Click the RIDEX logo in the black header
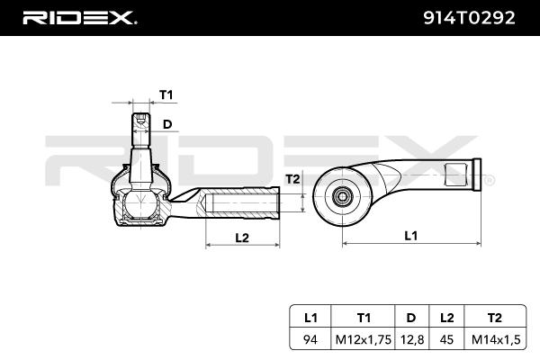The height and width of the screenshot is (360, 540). [79, 18]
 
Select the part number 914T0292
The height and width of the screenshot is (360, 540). [469, 18]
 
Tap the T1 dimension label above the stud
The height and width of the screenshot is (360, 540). [166, 94]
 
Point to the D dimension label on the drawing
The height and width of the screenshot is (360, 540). [167, 124]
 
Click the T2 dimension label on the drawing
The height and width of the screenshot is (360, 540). [292, 179]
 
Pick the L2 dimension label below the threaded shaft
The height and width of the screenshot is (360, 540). [242, 238]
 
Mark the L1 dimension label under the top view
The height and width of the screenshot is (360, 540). [411, 236]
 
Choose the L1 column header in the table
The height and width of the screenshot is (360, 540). [310, 318]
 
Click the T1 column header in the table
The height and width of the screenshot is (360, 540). [364, 318]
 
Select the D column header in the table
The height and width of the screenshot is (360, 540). [411, 318]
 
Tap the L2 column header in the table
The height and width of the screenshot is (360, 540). [446, 318]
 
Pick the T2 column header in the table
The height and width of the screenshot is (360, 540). [495, 318]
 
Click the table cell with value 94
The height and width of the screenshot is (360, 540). [310, 339]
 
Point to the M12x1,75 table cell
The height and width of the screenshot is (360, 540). [364, 339]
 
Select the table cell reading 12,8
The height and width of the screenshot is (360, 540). [411, 339]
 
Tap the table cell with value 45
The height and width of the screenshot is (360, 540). [446, 339]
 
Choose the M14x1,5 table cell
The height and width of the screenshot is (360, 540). [496, 339]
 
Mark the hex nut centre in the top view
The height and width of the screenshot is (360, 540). [342, 196]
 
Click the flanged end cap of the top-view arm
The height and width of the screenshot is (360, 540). [477, 175]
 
